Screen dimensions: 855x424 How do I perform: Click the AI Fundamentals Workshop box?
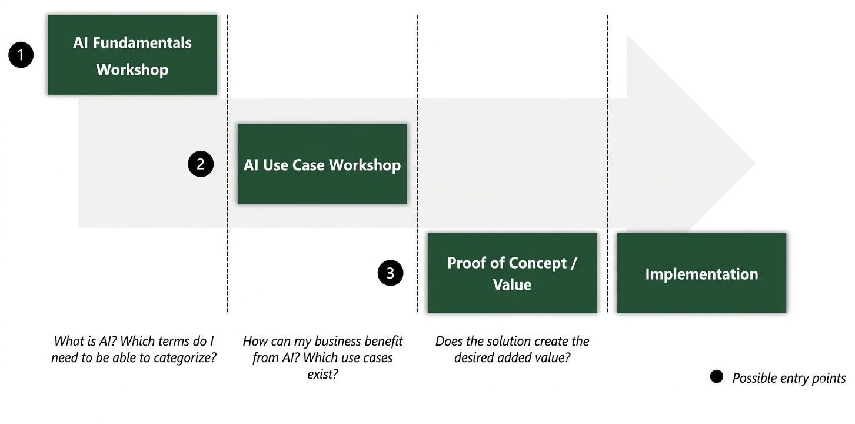click(x=132, y=55)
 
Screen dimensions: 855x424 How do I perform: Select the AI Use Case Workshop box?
click(x=322, y=164)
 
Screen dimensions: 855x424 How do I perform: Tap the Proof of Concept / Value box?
click(x=512, y=273)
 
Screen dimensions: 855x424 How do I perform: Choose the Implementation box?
click(x=701, y=273)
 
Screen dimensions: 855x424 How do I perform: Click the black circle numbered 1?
click(x=21, y=55)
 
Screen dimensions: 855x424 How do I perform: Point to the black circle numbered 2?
click(x=201, y=164)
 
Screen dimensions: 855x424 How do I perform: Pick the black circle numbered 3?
click(x=391, y=273)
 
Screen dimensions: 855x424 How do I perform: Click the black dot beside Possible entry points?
click(x=717, y=377)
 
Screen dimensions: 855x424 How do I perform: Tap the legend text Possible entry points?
click(x=789, y=378)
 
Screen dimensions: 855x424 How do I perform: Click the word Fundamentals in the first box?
click(x=142, y=43)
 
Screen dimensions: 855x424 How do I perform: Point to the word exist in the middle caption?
click(x=322, y=374)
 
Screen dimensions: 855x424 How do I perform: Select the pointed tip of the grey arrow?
click(x=756, y=164)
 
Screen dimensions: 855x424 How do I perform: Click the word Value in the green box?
click(x=512, y=284)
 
